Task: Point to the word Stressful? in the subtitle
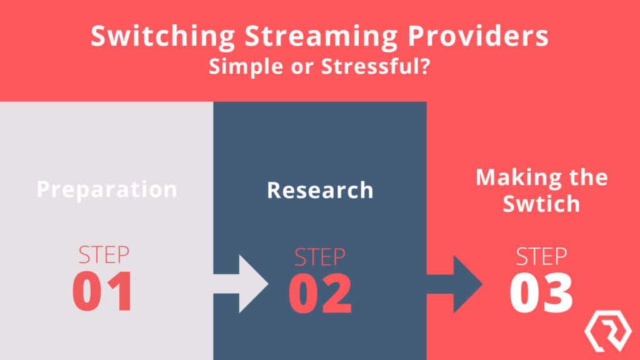(x=375, y=66)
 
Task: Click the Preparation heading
(x=106, y=189)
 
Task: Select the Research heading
(x=319, y=190)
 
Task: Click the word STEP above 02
(x=320, y=257)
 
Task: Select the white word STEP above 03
(x=541, y=257)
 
